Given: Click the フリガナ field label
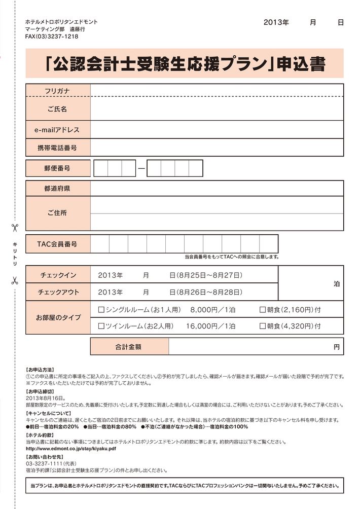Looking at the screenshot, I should click(57, 90).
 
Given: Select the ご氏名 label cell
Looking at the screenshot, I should click(57, 109).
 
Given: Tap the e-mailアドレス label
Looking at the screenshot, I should click(57, 130).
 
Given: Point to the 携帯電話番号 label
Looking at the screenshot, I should click(57, 148).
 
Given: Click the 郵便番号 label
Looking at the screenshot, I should click(57, 168).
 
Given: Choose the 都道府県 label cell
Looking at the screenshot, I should click(57, 189).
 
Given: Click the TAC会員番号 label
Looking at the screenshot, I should click(57, 244).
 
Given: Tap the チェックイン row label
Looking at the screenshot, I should click(58, 275).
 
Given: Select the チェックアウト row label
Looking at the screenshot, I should click(58, 292).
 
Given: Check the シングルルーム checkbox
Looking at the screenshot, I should click(101, 309).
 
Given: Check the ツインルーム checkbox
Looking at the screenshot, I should click(101, 326).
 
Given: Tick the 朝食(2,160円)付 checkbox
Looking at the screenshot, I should click(263, 309).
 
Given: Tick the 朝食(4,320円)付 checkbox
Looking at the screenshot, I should click(263, 326).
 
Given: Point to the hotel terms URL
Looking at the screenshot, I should click(70, 449).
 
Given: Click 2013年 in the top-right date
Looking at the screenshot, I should click(276, 23).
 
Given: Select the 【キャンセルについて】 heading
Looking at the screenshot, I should click(46, 414).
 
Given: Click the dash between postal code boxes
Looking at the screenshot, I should click(141, 168).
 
